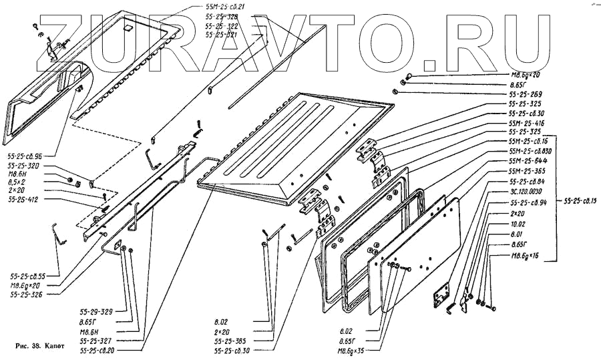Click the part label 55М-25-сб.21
point(226,6)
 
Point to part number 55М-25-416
point(526,123)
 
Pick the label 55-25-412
point(23,199)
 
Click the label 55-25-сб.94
point(528,202)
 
